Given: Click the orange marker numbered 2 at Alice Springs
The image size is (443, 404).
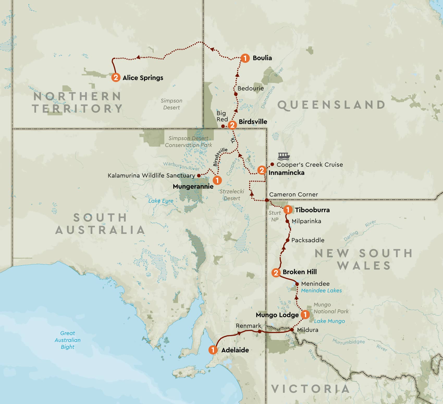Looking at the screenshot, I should click(116, 77).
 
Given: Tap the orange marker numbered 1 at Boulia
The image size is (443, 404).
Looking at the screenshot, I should click(245, 58).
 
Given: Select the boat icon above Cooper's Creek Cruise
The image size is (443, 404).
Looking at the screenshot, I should click(284, 156).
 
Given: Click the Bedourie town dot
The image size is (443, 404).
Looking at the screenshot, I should click(236, 94).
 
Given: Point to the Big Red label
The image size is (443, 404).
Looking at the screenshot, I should click(222, 116).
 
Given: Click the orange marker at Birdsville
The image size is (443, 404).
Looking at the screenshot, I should click(232, 125).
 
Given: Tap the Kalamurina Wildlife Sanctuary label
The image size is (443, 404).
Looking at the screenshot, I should click(151, 175).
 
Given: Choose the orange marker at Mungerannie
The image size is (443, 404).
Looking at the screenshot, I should click(217, 180).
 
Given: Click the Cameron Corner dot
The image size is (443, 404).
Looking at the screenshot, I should click(267, 200).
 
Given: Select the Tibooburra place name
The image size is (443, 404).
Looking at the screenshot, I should click(312, 210).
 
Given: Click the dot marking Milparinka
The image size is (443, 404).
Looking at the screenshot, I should click(287, 221).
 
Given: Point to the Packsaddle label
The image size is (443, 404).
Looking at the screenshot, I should click(308, 240).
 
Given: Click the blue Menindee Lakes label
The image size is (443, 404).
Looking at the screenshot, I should click(321, 290).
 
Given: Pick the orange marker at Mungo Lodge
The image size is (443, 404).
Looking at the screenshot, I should click(305, 315).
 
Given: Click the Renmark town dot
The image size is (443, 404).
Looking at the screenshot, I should click(260, 331).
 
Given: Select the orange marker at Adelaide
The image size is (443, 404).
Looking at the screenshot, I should click(213, 350).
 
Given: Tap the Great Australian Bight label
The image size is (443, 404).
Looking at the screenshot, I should click(67, 340).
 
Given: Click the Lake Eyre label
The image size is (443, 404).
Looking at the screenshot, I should click(161, 201).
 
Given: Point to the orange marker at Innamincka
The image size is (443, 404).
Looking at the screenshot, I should click(262, 170).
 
